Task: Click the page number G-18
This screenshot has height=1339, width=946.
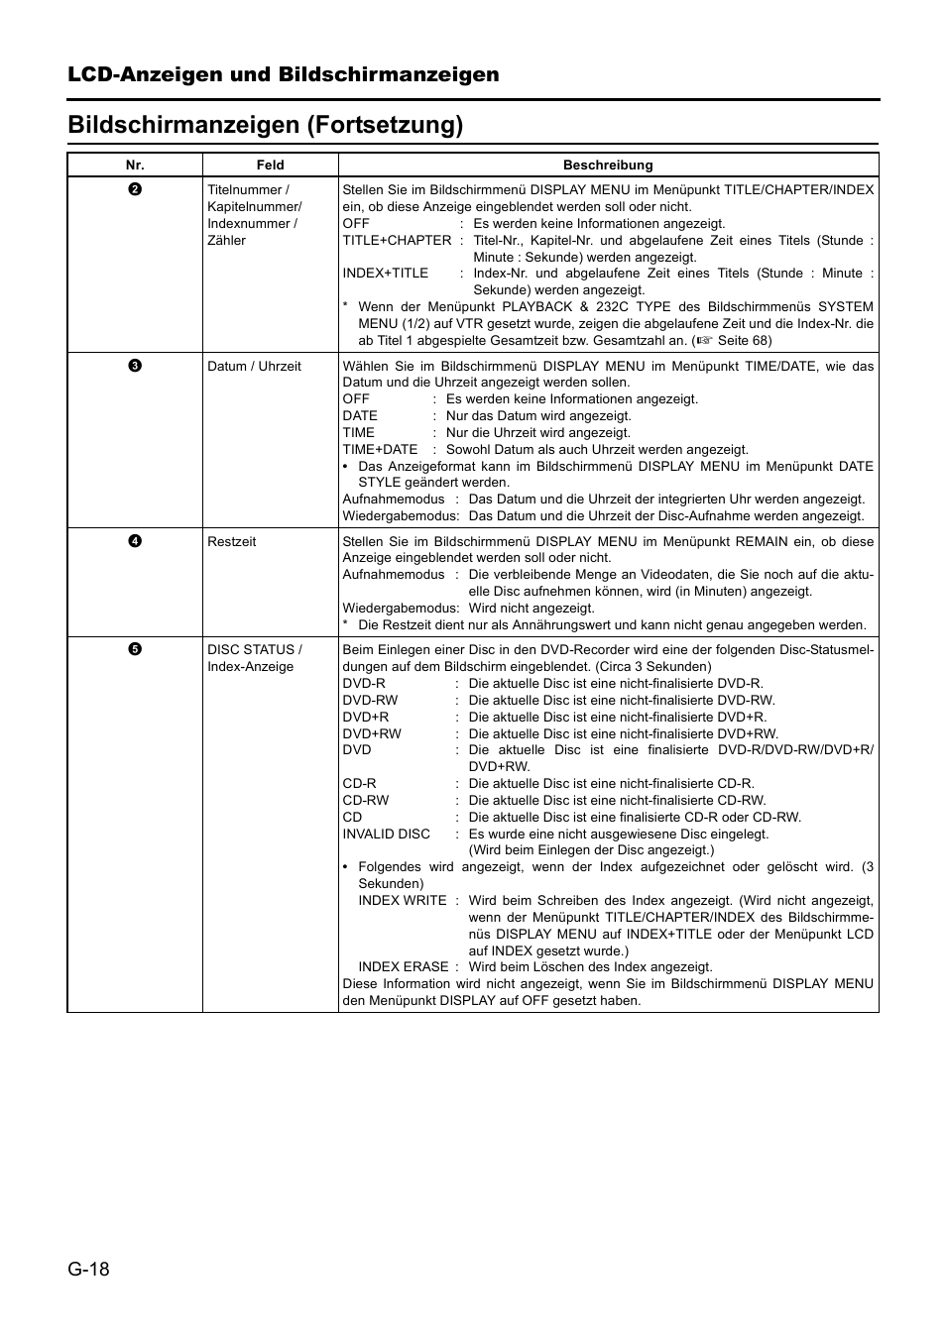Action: click(x=89, y=1270)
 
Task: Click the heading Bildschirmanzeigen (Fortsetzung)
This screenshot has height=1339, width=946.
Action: click(x=266, y=125)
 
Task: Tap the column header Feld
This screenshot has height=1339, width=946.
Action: click(x=270, y=166)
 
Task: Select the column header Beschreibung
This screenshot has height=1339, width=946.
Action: click(x=608, y=166)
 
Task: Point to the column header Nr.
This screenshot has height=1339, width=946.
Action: click(x=135, y=166)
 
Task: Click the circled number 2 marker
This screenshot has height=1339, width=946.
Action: click(x=135, y=189)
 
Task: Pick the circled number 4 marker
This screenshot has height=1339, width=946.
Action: click(x=135, y=541)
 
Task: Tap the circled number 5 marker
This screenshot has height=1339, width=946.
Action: click(x=135, y=649)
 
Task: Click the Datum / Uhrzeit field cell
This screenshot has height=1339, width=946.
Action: click(x=254, y=366)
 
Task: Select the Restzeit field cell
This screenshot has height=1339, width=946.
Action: click(x=232, y=541)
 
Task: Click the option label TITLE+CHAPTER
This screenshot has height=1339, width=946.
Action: click(x=397, y=240)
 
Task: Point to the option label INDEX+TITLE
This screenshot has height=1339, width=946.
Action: click(x=386, y=273)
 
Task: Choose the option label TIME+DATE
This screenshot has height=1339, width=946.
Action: click(x=380, y=449)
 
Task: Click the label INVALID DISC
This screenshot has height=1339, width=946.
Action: click(x=387, y=834)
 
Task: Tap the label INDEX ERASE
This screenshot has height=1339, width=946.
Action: click(x=404, y=966)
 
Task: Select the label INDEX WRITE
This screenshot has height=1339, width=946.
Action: click(x=403, y=900)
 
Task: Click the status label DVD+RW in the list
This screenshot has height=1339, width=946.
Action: click(x=372, y=733)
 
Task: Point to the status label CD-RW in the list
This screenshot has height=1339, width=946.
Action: click(x=366, y=800)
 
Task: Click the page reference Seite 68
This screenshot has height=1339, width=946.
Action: click(x=744, y=340)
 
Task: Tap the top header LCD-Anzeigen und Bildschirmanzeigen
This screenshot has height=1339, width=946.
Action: click(x=284, y=75)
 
